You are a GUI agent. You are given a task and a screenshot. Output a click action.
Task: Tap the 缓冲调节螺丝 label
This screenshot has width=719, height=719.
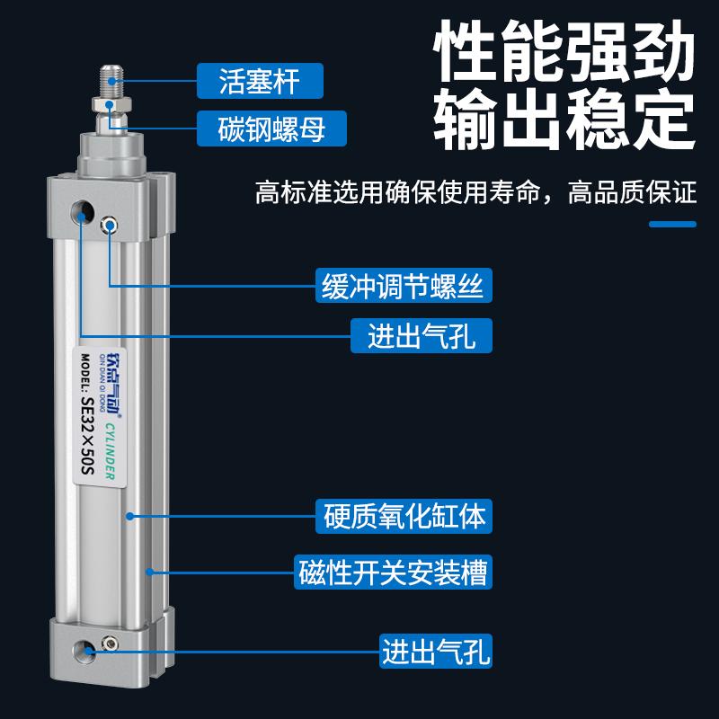click(x=404, y=287)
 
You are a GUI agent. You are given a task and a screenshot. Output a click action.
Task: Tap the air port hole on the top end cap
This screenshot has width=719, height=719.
click(x=83, y=214)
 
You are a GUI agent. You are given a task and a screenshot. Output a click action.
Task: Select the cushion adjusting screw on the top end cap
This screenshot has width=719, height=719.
click(x=110, y=225)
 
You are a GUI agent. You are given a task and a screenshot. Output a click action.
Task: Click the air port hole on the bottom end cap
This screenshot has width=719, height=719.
click(x=85, y=648)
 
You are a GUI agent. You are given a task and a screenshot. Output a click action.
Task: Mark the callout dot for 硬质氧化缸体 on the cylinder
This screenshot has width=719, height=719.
click(x=130, y=516)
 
